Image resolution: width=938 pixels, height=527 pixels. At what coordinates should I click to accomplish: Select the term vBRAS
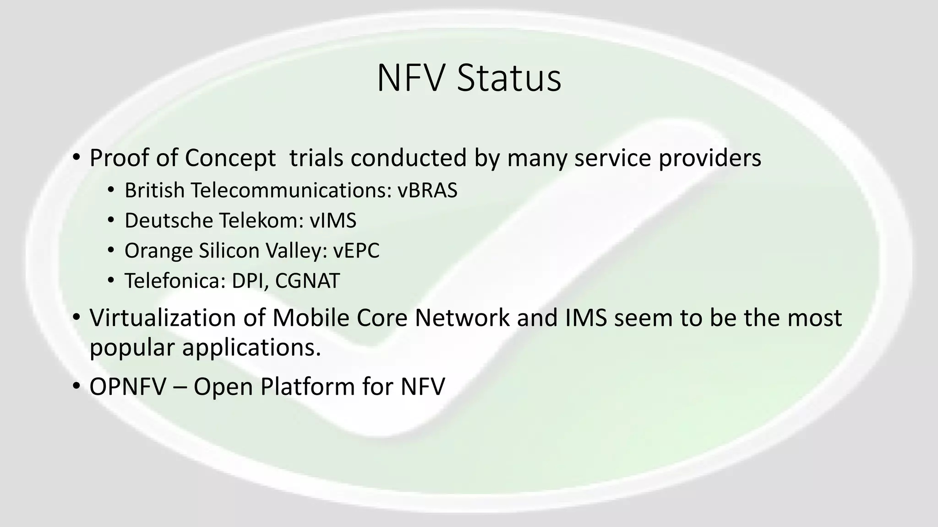(x=427, y=190)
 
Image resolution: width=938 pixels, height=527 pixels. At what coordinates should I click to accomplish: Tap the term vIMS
(x=333, y=220)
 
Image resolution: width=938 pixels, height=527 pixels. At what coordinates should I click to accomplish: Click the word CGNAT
(x=307, y=281)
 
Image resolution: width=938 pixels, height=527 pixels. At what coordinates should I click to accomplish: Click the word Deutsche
(x=167, y=220)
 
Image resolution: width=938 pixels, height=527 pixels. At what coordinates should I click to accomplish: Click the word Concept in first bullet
(x=230, y=158)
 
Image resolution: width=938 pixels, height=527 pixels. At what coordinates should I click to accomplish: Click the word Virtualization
(x=162, y=318)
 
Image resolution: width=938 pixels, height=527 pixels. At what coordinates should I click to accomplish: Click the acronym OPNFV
(x=127, y=387)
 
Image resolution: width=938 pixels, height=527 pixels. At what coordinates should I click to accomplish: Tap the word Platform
(x=307, y=387)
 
